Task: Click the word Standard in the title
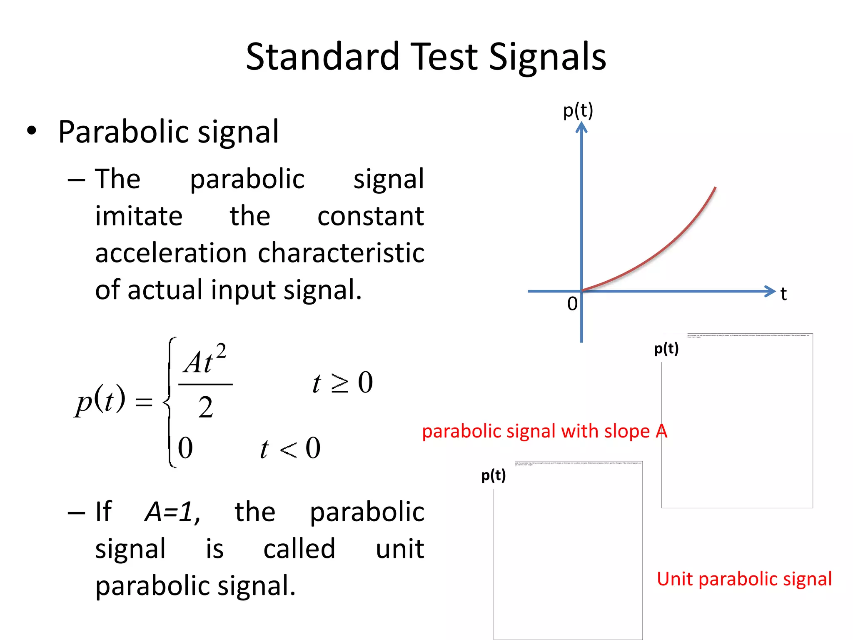coord(323,57)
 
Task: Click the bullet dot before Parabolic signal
coord(32,131)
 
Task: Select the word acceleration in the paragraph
coord(171,253)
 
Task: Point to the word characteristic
coord(341,253)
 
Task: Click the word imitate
coord(139,216)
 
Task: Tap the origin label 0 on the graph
coord(572,304)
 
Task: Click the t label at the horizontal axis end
coord(783,294)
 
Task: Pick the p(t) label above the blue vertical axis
coord(578,111)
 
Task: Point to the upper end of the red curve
coord(715,188)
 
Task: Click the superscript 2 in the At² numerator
coord(221,351)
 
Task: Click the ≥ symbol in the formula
coord(340,383)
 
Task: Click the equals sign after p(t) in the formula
coord(144,402)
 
